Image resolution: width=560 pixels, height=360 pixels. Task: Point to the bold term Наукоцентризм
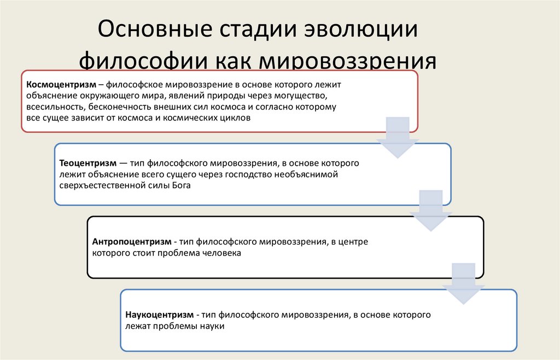point(159,315)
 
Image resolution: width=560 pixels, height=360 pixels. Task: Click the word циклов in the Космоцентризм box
point(236,118)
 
